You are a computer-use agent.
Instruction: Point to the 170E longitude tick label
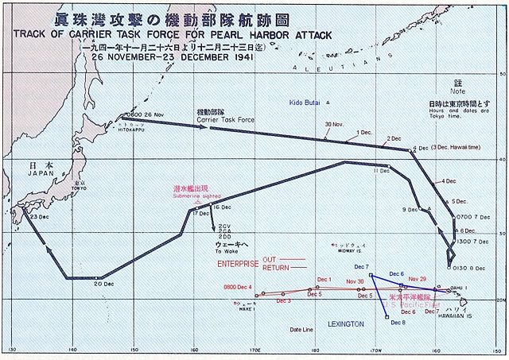tap(254, 350)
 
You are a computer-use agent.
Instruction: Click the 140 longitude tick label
tap(72, 350)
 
